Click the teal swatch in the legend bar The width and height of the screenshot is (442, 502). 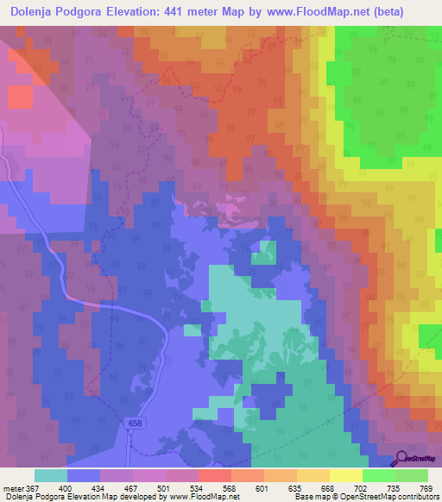50,475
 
